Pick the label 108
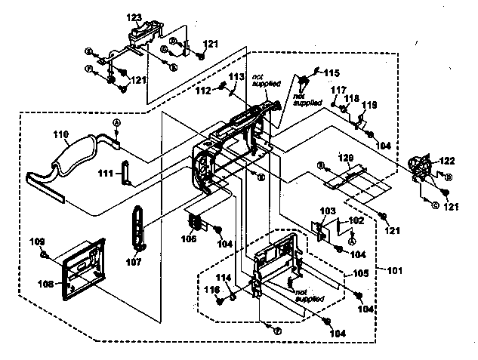46,285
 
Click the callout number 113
236,78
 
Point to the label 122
448,160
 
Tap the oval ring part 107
139,226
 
